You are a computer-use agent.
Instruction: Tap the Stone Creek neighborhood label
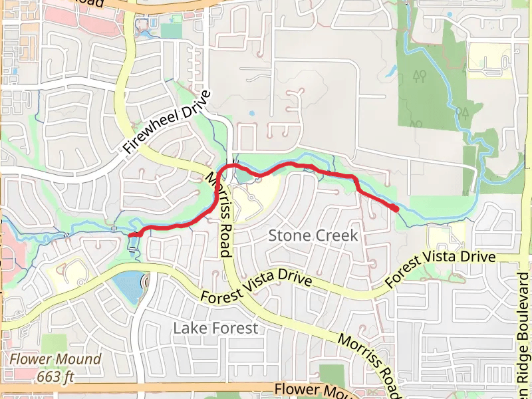coord(313,235)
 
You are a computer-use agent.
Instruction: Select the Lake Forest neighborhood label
coord(215,328)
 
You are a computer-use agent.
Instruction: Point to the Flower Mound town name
coord(55,360)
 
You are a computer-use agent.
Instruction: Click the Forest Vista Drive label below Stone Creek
coord(257,287)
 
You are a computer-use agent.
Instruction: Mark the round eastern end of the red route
coord(396,209)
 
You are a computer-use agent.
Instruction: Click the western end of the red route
coord(131,235)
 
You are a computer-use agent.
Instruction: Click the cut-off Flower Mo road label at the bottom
coord(309,389)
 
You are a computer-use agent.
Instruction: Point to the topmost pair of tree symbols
coord(419,74)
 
